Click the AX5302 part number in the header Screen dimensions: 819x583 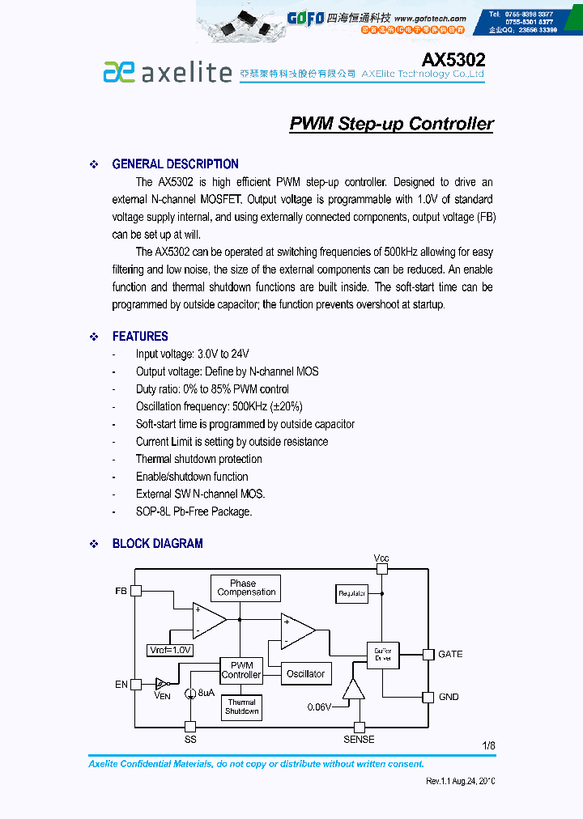(453, 60)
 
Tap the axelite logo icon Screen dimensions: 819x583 (118, 72)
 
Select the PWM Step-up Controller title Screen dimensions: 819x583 (391, 124)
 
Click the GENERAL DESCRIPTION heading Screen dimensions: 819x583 (175, 164)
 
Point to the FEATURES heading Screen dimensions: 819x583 (140, 337)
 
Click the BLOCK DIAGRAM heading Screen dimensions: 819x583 (157, 544)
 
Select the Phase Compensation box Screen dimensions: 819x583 (246, 588)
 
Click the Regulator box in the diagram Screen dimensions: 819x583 (351, 593)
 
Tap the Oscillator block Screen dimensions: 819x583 (305, 673)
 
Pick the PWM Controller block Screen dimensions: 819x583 (241, 670)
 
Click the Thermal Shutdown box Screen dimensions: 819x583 (241, 707)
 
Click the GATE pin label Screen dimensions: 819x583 (450, 654)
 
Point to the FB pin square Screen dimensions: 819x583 (136, 591)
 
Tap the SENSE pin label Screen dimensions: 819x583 (359, 739)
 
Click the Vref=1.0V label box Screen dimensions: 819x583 (170, 650)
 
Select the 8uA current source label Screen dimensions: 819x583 (206, 694)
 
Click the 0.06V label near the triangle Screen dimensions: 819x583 (319, 707)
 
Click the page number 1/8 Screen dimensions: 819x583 (488, 745)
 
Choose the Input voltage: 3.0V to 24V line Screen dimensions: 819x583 (192, 354)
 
